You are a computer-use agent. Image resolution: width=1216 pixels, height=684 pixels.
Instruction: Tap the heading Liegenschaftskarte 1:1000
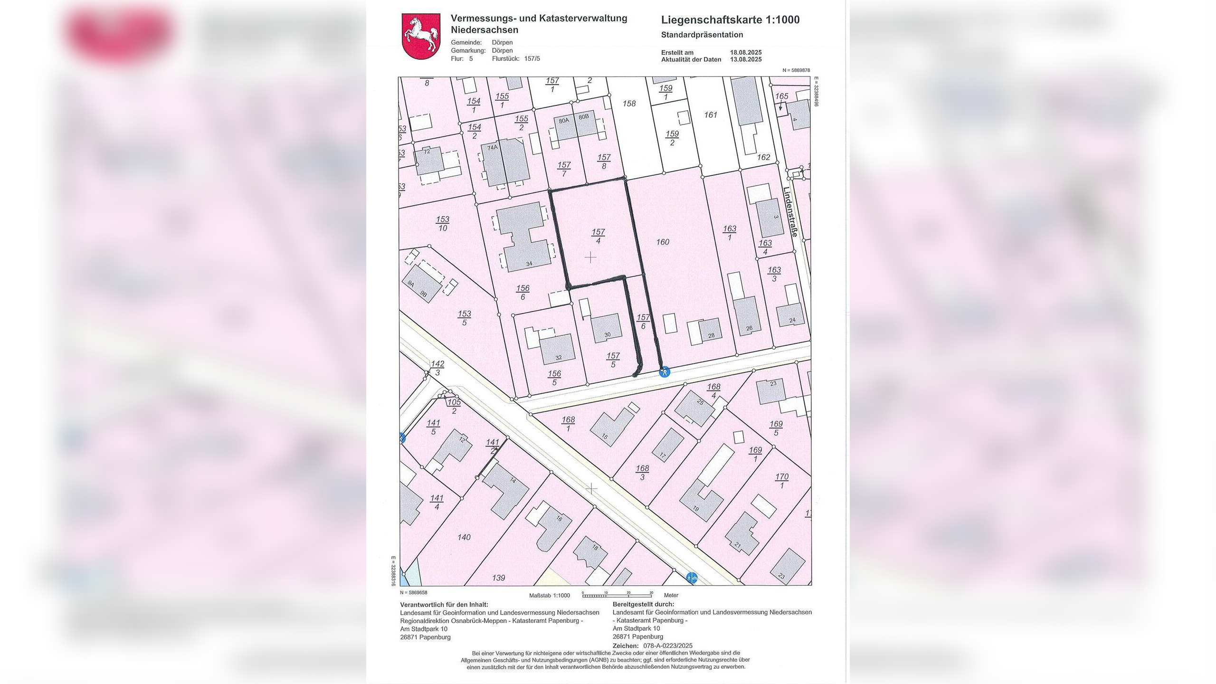pyautogui.click(x=730, y=20)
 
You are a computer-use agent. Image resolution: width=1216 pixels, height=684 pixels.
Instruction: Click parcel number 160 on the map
pyautogui.click(x=663, y=242)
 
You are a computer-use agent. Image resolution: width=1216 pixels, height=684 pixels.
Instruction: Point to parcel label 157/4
pyautogui.click(x=598, y=236)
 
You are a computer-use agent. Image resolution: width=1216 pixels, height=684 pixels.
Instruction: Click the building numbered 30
pyautogui.click(x=607, y=328)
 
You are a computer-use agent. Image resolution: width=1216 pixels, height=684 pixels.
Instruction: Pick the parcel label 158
pyautogui.click(x=629, y=104)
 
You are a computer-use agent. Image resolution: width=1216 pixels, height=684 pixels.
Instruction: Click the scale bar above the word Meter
pyautogui.click(x=617, y=595)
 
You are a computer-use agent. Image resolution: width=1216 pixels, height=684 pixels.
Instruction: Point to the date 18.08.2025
pyautogui.click(x=746, y=53)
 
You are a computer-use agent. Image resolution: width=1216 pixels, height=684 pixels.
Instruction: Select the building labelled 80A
pyautogui.click(x=564, y=127)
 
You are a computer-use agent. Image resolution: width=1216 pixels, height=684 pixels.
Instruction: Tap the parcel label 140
pyautogui.click(x=464, y=537)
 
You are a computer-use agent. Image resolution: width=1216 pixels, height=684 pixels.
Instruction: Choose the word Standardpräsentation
pyautogui.click(x=702, y=35)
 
